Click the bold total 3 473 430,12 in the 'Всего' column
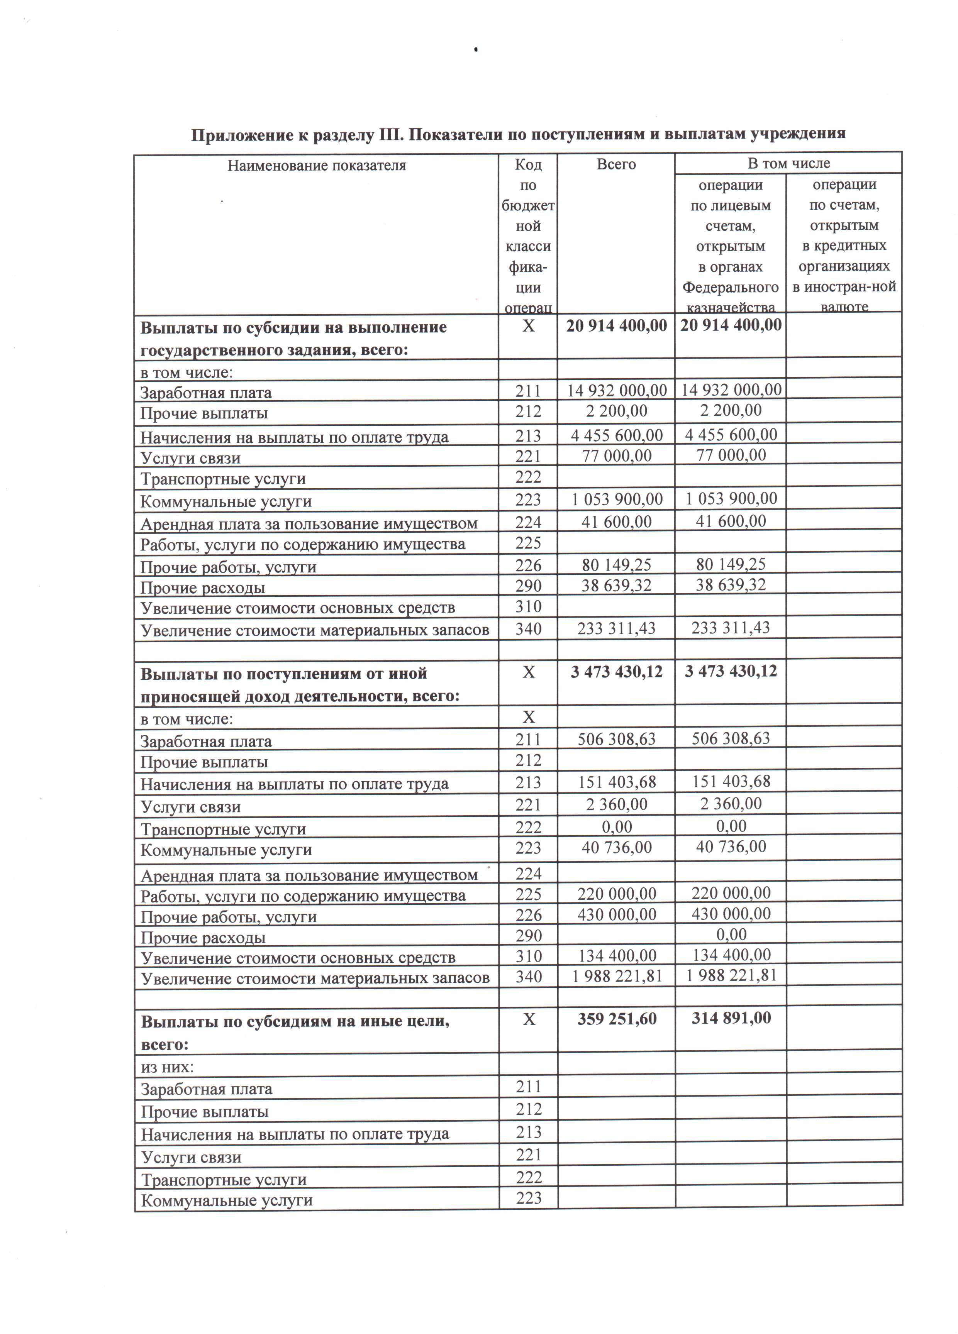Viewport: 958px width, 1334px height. [616, 671]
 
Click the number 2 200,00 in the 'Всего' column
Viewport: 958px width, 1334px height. [616, 411]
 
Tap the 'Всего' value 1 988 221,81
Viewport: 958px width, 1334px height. [617, 976]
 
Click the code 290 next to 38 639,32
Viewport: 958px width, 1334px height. [528, 586]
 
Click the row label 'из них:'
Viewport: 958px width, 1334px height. [167, 1067]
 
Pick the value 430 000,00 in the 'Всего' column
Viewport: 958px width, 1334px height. [616, 915]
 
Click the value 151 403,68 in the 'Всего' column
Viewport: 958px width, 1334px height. [616, 782]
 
